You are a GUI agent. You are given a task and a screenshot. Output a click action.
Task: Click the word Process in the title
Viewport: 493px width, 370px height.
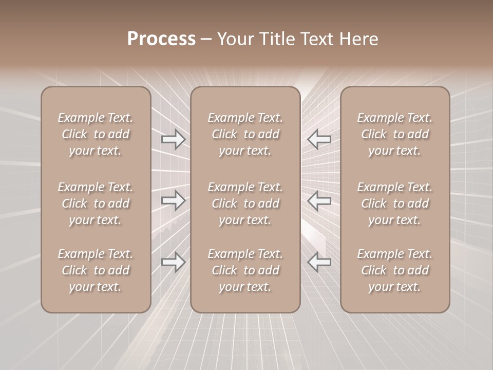coord(161,39)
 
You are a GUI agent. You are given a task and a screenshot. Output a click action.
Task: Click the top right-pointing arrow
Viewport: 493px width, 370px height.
coord(173,139)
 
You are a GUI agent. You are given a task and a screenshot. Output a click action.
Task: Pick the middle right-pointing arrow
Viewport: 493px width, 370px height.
coord(173,200)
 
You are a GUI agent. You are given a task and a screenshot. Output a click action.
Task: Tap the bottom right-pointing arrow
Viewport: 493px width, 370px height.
coord(173,262)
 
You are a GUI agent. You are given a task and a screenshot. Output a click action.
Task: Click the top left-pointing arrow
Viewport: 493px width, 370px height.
coord(319,139)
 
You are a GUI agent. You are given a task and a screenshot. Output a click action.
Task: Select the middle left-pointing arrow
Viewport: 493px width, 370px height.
coord(319,200)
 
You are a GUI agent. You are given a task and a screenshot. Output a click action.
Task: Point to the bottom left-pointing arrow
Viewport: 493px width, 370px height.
coord(319,262)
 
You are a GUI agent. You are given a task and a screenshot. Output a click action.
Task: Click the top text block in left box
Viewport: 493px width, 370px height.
coord(96,134)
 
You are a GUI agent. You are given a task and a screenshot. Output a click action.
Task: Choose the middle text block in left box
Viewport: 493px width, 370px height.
coord(96,203)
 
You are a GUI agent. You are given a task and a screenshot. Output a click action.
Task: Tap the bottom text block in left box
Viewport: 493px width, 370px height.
coord(96,270)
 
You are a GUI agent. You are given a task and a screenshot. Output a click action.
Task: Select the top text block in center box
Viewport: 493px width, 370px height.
coord(245,134)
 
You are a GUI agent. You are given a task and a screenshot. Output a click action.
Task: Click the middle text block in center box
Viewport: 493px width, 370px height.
coord(245,203)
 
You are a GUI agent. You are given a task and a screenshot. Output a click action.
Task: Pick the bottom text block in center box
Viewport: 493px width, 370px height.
coord(245,270)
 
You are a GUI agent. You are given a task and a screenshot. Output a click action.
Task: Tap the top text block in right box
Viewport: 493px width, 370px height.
coord(395,134)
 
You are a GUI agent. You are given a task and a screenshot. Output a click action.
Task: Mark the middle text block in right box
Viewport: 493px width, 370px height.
coord(395,203)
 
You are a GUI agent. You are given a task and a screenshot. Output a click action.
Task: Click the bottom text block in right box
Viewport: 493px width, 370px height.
coord(395,270)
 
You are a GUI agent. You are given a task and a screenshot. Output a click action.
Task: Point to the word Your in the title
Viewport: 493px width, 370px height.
coord(235,39)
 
